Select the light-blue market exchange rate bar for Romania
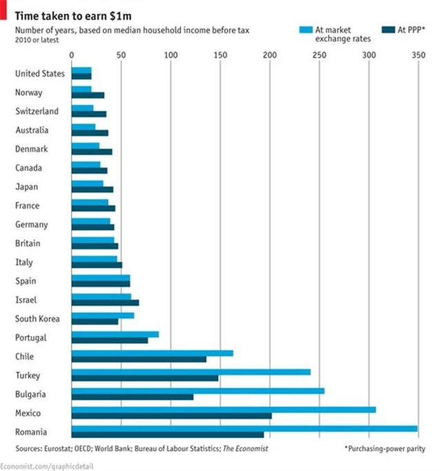pyautogui.click(x=245, y=428)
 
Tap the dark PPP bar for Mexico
pyautogui.click(x=172, y=416)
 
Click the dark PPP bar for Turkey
pyautogui.click(x=145, y=378)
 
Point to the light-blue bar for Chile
pyautogui.click(x=152, y=353)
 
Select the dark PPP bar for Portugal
pyautogui.click(x=110, y=340)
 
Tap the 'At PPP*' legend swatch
pyautogui.click(x=387, y=29)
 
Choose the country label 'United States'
pyautogui.click(x=40, y=74)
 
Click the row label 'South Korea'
pyautogui.click(x=37, y=319)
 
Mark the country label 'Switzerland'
pyautogui.click(x=37, y=112)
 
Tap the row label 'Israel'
pyautogui.click(x=26, y=300)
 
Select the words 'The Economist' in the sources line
pyautogui.click(x=245, y=448)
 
